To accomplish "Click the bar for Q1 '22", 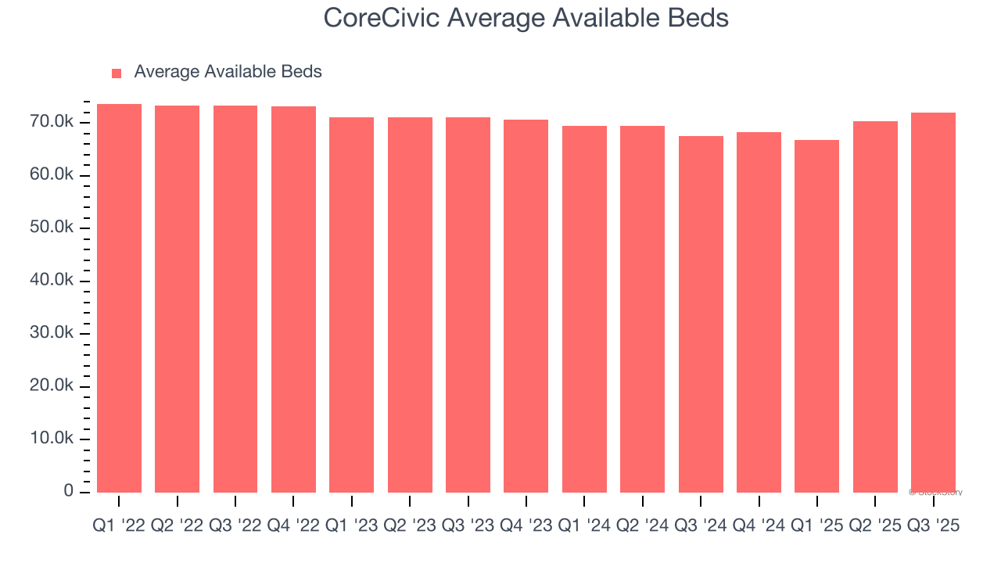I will (x=119, y=298).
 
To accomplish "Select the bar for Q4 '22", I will (x=293, y=299).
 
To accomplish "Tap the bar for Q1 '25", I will (x=816, y=316).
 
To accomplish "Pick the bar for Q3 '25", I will (x=933, y=303).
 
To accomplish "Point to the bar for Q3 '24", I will (x=701, y=314).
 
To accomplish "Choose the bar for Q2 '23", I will (x=410, y=305).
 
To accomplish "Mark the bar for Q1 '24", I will (x=584, y=309).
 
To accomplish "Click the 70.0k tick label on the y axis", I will (x=52, y=122).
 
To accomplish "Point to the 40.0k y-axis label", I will (x=52, y=281).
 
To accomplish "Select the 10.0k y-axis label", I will (x=52, y=439).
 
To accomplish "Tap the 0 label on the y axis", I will (x=69, y=491).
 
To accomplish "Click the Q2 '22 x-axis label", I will (x=177, y=526).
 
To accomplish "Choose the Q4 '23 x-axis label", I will (x=526, y=526).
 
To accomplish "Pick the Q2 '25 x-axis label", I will (x=875, y=526).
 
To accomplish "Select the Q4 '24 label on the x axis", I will (x=759, y=526).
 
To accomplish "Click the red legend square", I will (x=117, y=73).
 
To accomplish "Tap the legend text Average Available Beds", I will (x=228, y=72).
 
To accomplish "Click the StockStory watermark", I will (x=936, y=493).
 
